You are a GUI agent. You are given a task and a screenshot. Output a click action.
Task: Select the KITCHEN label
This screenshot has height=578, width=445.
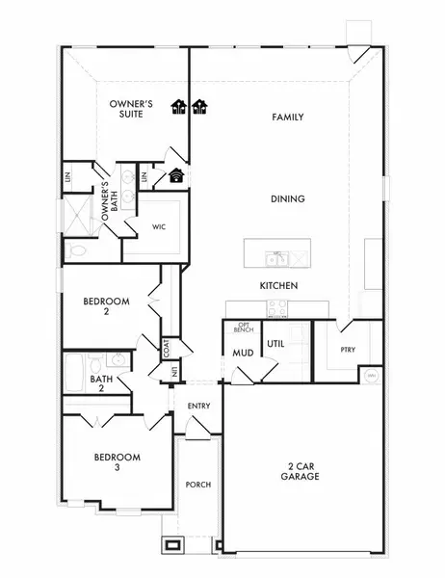tap(277, 286)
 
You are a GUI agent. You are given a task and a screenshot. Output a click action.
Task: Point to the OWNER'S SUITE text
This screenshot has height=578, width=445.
tap(126, 107)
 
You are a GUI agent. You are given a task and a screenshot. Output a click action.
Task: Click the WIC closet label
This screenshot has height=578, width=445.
tap(160, 228)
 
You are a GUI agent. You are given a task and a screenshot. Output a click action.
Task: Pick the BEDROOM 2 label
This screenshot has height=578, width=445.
tap(105, 306)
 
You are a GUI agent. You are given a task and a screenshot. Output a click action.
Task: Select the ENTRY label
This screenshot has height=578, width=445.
tap(199, 406)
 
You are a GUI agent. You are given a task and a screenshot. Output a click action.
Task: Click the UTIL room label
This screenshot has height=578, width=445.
tap(275, 343)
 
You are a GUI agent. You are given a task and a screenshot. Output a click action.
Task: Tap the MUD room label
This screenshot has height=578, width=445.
tap(243, 353)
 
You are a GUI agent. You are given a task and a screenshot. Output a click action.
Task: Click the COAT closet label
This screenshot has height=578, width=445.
tap(166, 346)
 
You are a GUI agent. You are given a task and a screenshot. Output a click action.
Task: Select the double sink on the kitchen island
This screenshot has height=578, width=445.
tap(277, 258)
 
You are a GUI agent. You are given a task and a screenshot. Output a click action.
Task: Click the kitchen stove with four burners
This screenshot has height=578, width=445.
tap(277, 308)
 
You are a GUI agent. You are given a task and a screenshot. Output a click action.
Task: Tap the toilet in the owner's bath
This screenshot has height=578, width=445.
tap(77, 250)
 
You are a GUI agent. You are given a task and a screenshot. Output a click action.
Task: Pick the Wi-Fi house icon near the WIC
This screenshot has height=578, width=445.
tap(176, 175)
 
